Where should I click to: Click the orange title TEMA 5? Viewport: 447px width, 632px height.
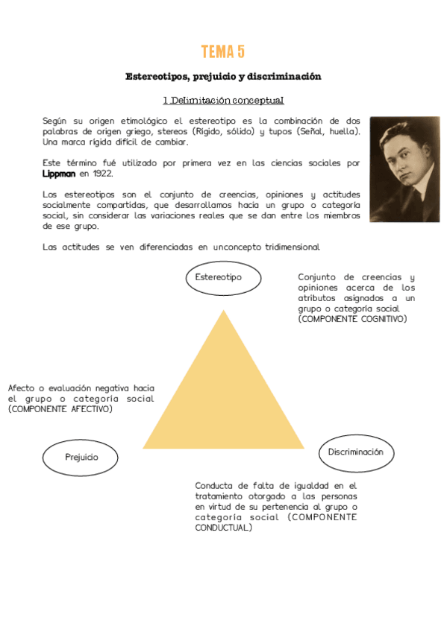[222, 51]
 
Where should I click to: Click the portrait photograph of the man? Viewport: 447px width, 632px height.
[404, 169]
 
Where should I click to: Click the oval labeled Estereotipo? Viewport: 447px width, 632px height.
[223, 278]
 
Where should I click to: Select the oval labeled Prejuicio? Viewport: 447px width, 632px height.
[81, 458]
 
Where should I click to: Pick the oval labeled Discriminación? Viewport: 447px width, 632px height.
[355, 452]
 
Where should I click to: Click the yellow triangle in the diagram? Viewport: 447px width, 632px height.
[223, 395]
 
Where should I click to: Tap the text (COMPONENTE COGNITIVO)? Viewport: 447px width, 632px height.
[352, 319]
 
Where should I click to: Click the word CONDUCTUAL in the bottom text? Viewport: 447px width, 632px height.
[223, 528]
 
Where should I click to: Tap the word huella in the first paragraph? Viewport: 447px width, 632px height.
[341, 131]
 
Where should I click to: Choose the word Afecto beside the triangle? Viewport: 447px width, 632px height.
[22, 388]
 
